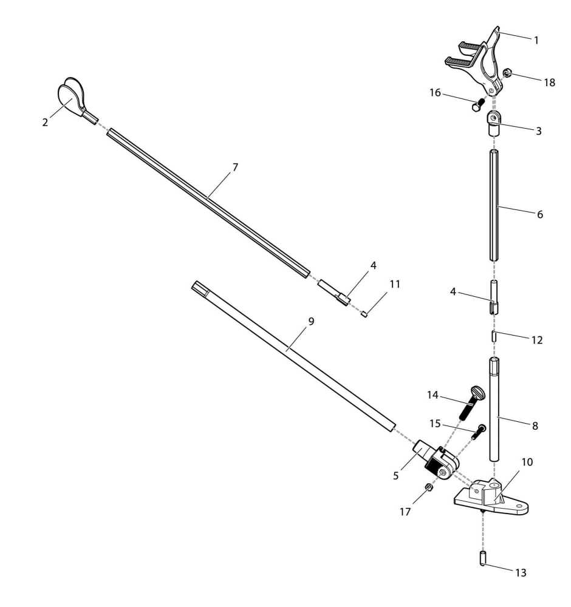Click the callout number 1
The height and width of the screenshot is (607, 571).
pos(536,40)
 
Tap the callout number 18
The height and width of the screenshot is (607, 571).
pos(549,83)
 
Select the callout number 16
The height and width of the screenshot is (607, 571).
pos(435,92)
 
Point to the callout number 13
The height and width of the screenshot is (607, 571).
pos(521,572)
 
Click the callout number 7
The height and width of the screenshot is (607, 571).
pos(235,168)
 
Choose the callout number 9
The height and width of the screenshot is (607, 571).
pos(311,321)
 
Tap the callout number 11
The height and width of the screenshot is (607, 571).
pos(395,284)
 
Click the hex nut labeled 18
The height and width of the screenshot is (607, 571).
pos(507,73)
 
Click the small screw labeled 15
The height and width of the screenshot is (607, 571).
pos(479,432)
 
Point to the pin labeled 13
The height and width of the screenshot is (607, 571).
pos(483,558)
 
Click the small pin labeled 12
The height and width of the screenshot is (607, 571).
pos(494,336)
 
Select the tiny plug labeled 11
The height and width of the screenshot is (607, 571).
pos(364,314)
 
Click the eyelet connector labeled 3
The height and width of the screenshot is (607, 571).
pos(493,123)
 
